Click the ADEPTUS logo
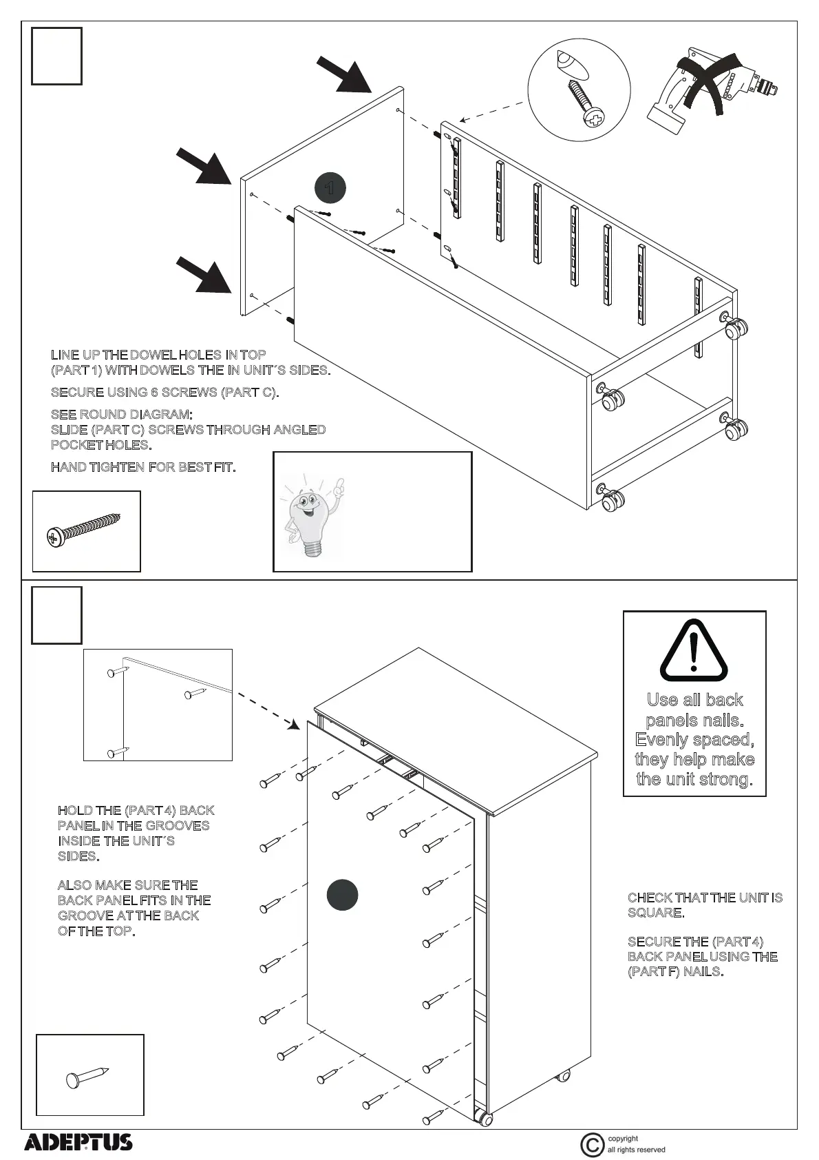78,1142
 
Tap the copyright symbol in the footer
592,1145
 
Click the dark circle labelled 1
330,187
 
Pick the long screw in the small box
84,529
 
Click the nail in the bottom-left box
87,1076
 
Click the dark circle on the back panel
342,895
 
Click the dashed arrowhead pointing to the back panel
293,724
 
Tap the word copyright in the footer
623,1139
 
